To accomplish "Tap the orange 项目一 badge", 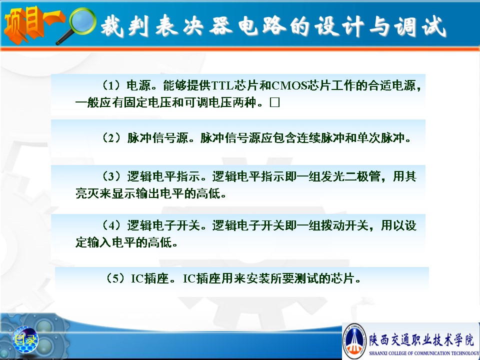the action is [33, 24].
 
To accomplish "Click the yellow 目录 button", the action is [25, 339].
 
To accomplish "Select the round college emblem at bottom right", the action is [354, 340].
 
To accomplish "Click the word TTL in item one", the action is [222, 85].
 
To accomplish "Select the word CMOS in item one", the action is [289, 85].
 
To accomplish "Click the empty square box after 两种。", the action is [274, 102].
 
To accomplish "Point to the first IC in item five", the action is [138, 278].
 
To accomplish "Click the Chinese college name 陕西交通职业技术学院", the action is [421, 340].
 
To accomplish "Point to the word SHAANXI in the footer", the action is [378, 353].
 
